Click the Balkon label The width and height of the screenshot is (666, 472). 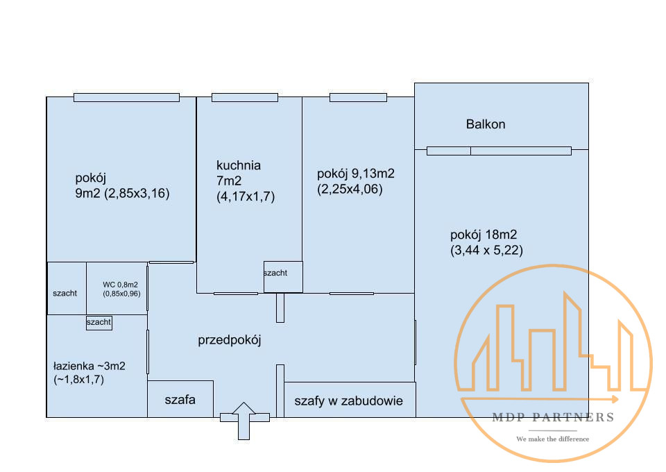tap(486, 124)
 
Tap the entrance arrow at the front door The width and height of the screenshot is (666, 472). tap(244, 421)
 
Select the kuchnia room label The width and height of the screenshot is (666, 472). tap(238, 165)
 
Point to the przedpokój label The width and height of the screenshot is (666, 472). tap(230, 340)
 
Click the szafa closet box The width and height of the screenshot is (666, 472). tap(180, 398)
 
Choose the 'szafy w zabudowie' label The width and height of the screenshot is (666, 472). tap(348, 401)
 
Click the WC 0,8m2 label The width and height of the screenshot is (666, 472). tap(120, 285)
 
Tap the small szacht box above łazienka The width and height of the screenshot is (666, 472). tap(99, 323)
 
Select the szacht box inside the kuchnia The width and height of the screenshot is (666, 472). tap(283, 276)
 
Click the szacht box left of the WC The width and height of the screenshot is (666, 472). tap(67, 288)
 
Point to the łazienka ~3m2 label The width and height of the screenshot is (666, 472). tap(89, 366)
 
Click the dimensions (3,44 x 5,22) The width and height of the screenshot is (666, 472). tap(486, 251)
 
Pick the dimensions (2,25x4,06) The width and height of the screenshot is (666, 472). tap(350, 189)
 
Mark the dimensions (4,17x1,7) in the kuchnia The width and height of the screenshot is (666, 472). tap(246, 196)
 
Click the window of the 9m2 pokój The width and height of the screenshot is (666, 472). tap(126, 97)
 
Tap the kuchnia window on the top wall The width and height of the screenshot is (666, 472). tap(245, 97)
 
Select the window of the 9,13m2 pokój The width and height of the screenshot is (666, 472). tap(358, 97)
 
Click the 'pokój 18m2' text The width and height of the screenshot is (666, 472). tap(484, 235)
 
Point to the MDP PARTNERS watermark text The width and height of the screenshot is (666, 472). tap(553, 418)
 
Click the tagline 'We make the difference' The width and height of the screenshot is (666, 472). tap(553, 439)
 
